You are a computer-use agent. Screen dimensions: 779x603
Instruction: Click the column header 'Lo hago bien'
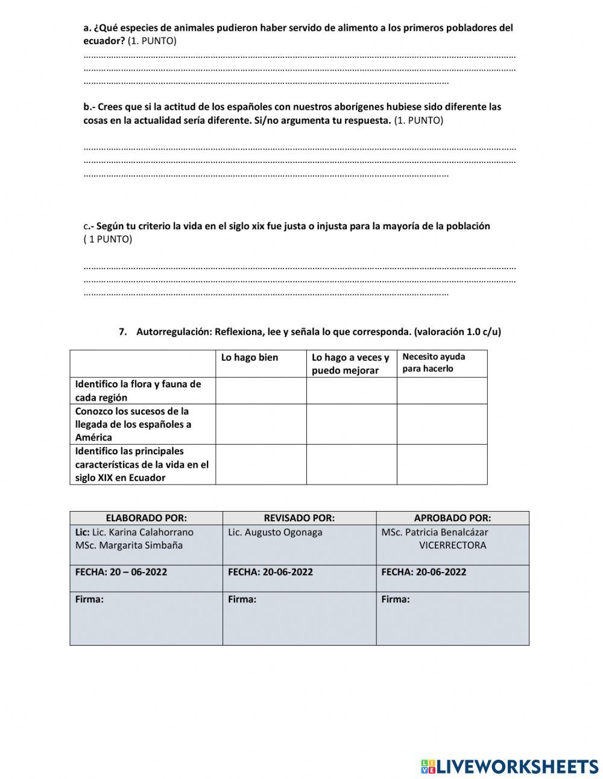point(250,358)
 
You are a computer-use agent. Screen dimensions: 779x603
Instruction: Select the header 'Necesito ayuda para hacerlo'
point(434,363)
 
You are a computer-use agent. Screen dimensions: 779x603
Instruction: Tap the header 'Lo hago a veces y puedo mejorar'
point(350,364)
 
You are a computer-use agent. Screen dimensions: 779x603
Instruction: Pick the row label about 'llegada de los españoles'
point(133,424)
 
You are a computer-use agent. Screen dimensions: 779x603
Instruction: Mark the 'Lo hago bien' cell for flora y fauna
point(260,390)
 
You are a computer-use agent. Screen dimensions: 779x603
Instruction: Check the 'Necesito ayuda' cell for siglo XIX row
point(441,464)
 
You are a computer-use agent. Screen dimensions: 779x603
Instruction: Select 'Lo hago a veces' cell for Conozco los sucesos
point(351,424)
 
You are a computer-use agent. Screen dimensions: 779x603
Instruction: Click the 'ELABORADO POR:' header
point(146,518)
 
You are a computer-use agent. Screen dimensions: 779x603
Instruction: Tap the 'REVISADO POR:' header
point(299,518)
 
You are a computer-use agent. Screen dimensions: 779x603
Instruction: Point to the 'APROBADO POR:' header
point(452,518)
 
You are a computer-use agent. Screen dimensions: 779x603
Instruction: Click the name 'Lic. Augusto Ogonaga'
point(275,532)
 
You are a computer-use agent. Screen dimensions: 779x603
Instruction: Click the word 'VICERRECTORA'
point(452,545)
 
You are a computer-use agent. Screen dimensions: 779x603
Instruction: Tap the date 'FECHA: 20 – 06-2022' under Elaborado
point(121,572)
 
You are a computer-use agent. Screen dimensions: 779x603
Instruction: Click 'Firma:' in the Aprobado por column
point(396,599)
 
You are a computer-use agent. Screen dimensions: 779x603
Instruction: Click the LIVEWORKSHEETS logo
point(510,766)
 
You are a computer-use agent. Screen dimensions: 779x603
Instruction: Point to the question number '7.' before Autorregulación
point(123,332)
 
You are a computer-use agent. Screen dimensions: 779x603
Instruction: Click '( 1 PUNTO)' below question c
point(108,239)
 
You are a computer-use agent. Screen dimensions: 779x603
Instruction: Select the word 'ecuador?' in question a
point(104,40)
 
